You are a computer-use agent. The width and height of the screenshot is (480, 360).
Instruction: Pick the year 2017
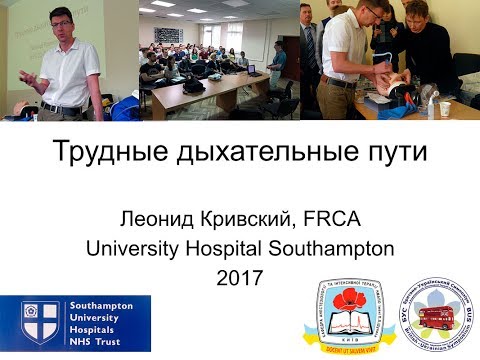(x=239, y=278)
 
